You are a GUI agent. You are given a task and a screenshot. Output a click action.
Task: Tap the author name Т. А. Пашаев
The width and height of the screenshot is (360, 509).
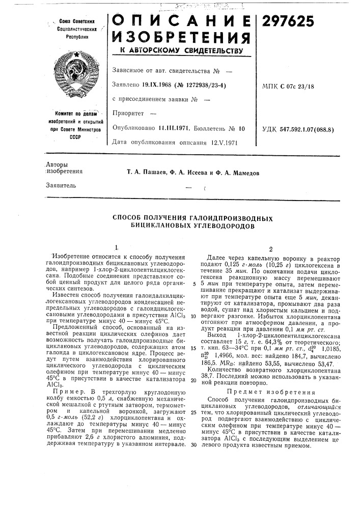click(149, 173)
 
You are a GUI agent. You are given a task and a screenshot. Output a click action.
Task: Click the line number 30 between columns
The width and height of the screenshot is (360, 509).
click(194, 444)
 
